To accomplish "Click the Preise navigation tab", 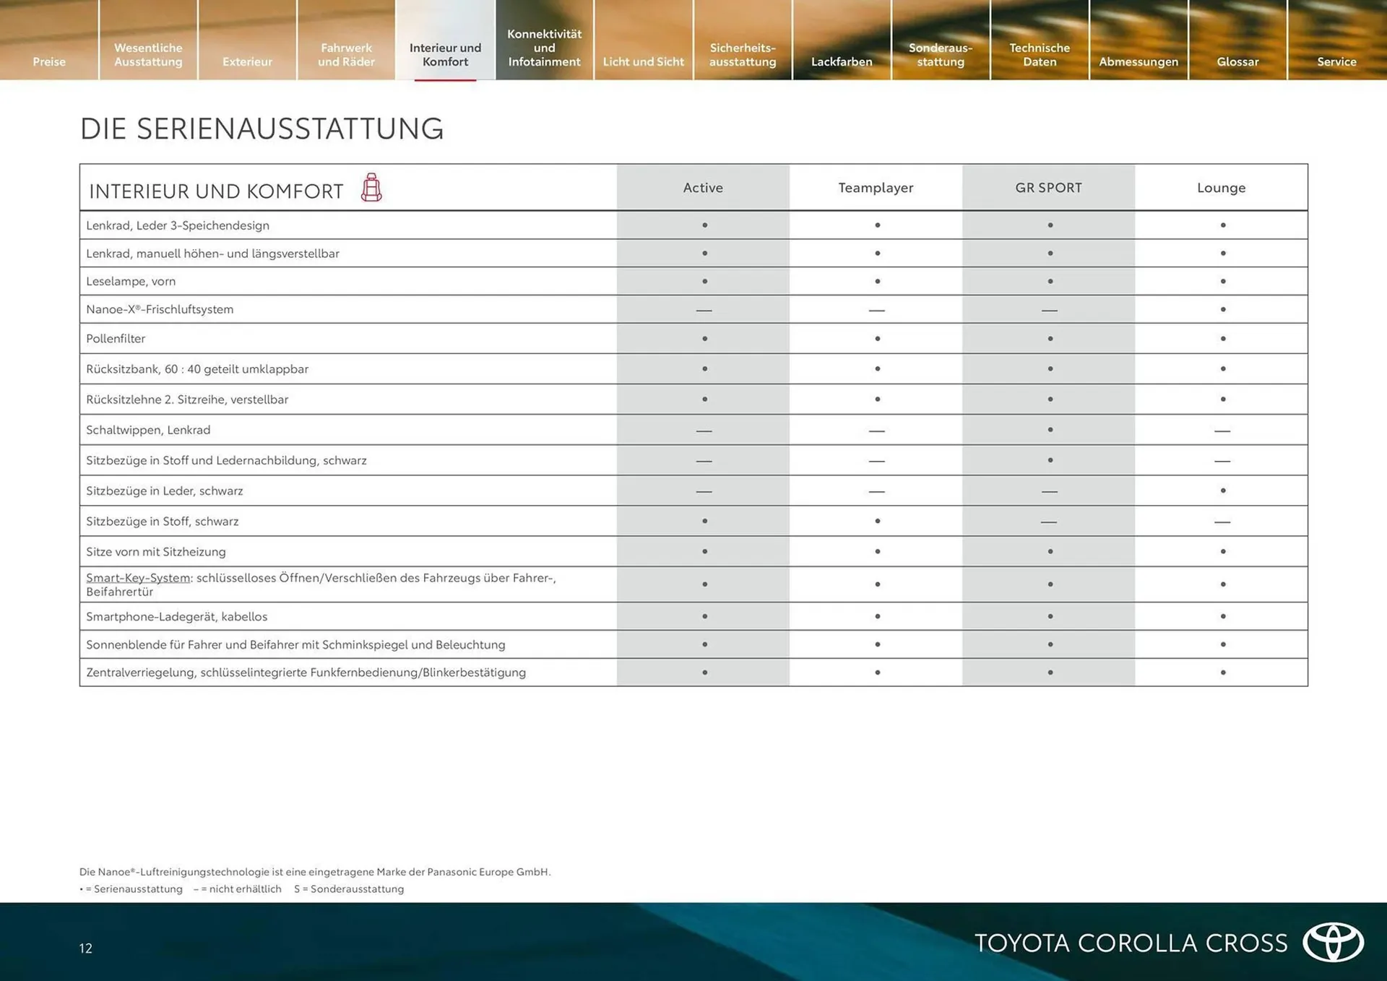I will (49, 61).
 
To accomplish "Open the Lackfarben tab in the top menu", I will (842, 61).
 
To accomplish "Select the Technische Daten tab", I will (1040, 54).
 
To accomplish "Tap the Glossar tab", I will (1237, 61).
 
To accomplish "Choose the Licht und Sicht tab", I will (643, 61).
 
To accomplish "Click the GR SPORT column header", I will (1049, 188).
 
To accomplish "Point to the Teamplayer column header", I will (876, 188).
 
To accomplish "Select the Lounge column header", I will (1221, 188).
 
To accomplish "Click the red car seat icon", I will (371, 188).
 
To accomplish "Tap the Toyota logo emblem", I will (1333, 942).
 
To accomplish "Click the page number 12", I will (86, 948).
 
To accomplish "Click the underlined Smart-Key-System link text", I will (138, 578).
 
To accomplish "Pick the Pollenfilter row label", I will (116, 339).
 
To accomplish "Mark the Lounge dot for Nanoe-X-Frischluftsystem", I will (1223, 309).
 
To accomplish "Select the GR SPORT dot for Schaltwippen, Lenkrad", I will (1050, 430).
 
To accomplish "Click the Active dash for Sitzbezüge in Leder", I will (704, 491).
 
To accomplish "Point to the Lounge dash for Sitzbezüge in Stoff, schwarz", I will (1222, 522).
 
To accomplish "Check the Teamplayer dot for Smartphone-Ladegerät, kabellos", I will (878, 616).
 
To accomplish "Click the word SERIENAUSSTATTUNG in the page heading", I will (290, 129).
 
